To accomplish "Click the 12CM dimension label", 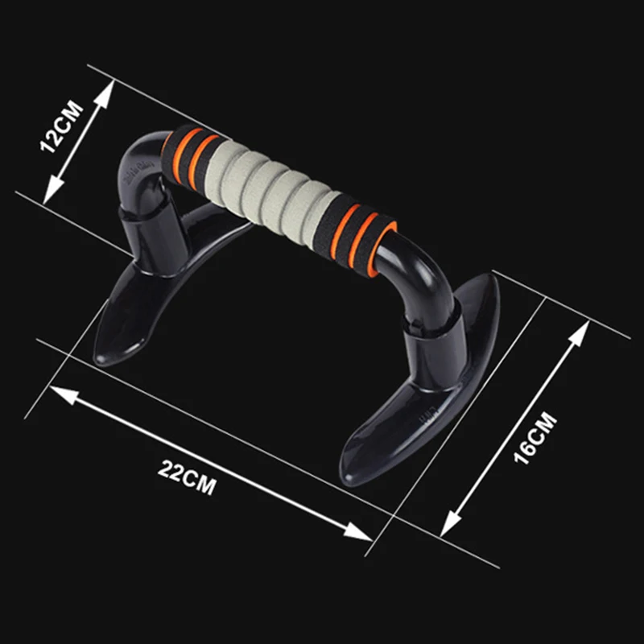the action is click(x=62, y=126).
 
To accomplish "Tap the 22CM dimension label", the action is click(x=187, y=477).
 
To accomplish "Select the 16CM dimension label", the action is click(x=535, y=438).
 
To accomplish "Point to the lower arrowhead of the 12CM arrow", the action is click(x=52, y=190).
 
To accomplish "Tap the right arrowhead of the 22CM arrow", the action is click(x=358, y=532).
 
